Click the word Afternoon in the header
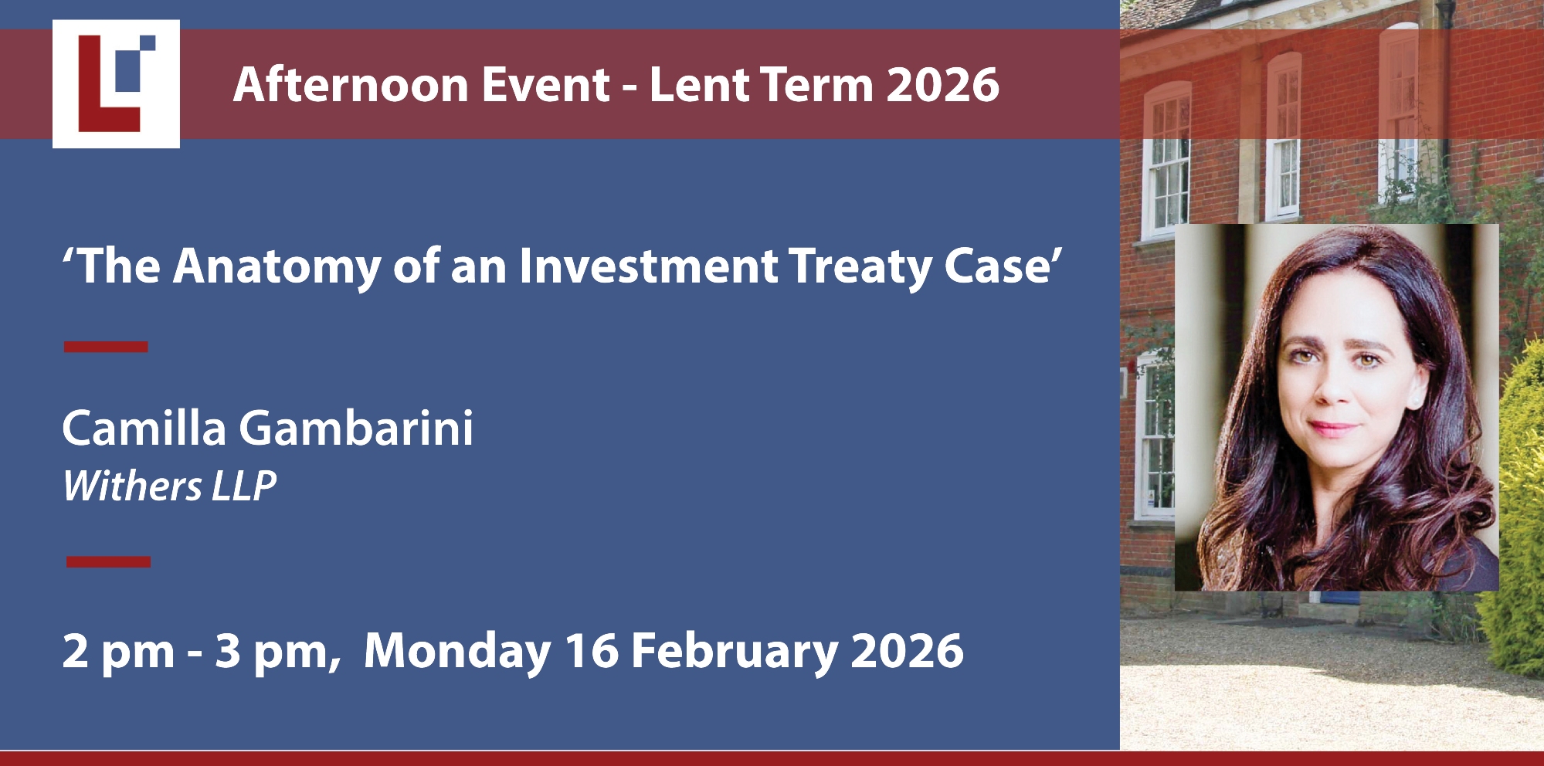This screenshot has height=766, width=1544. point(350,84)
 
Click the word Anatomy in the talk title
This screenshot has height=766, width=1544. point(277,267)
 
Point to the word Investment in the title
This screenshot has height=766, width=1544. point(649,266)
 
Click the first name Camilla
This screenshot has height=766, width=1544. point(144,428)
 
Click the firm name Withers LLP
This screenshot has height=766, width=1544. point(169,486)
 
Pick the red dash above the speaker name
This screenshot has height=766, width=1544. point(106,347)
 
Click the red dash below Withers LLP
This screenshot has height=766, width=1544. point(108,561)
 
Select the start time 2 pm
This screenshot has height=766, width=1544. point(118,652)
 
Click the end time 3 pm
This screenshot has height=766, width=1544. point(273,652)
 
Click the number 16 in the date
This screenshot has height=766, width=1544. point(592,651)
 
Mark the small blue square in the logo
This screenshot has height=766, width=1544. point(147,43)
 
